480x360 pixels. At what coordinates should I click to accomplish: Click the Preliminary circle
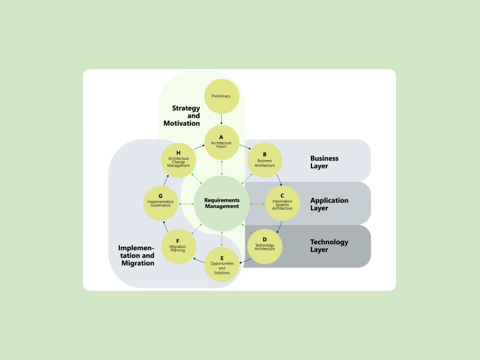[x=222, y=96]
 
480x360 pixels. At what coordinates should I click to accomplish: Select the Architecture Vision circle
[x=222, y=142]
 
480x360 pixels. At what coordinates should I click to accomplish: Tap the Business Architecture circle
[x=265, y=160]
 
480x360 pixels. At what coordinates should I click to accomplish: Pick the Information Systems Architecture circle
[x=282, y=203]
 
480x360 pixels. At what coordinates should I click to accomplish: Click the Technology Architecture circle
[x=265, y=246]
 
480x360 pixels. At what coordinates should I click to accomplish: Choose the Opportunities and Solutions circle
[x=222, y=265]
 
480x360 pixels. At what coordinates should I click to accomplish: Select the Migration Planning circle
[x=178, y=246]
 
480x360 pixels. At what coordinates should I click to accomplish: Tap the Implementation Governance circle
[x=161, y=203]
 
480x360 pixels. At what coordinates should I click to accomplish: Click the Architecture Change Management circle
[x=178, y=160]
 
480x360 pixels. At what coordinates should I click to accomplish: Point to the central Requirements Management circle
[x=222, y=203]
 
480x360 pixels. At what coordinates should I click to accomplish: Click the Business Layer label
[x=324, y=162]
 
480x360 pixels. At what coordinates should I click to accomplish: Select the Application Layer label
[x=329, y=204]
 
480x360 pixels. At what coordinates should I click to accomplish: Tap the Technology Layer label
[x=329, y=246]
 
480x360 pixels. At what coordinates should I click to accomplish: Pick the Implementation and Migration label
[x=137, y=255]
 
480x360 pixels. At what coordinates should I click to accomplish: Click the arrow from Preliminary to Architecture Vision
[x=222, y=119]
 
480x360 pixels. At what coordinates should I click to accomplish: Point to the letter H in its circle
[x=178, y=153]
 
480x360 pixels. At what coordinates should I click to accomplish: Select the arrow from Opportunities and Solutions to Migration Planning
[x=198, y=260]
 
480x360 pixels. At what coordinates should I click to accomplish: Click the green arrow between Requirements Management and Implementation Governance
[x=186, y=203]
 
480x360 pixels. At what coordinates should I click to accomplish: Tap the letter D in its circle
[x=265, y=240]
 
